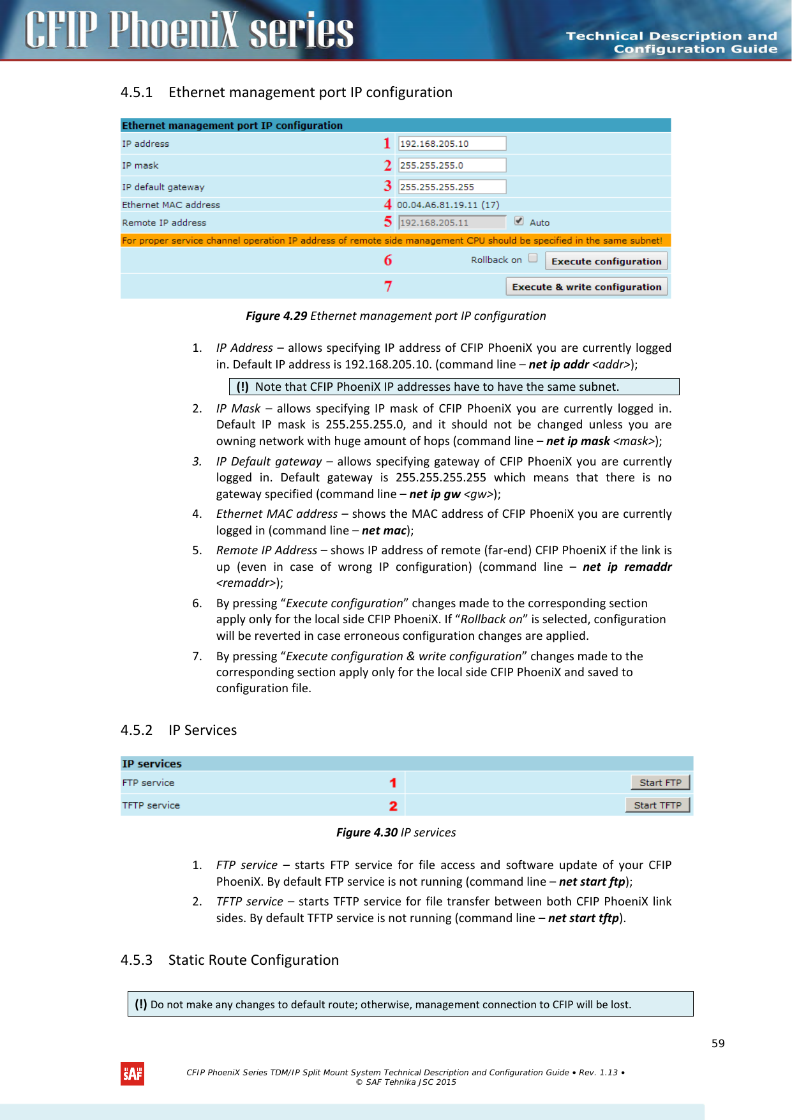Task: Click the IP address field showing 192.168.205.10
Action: [451, 144]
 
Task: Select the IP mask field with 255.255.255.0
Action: [451, 165]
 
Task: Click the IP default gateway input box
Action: [451, 187]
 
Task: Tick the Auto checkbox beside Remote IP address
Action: [519, 221]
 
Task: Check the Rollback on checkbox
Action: [533, 259]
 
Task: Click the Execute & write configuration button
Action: [587, 287]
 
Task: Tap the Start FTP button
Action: [660, 783]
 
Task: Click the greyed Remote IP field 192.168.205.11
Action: [451, 222]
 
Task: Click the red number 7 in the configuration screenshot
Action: [388, 287]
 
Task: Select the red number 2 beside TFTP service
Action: [393, 806]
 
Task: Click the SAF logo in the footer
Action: [132, 1073]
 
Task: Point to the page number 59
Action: [718, 1043]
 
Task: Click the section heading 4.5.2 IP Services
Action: [179, 730]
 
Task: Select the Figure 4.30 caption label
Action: [367, 833]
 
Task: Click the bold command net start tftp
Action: [583, 918]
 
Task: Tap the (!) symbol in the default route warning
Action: [141, 1004]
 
